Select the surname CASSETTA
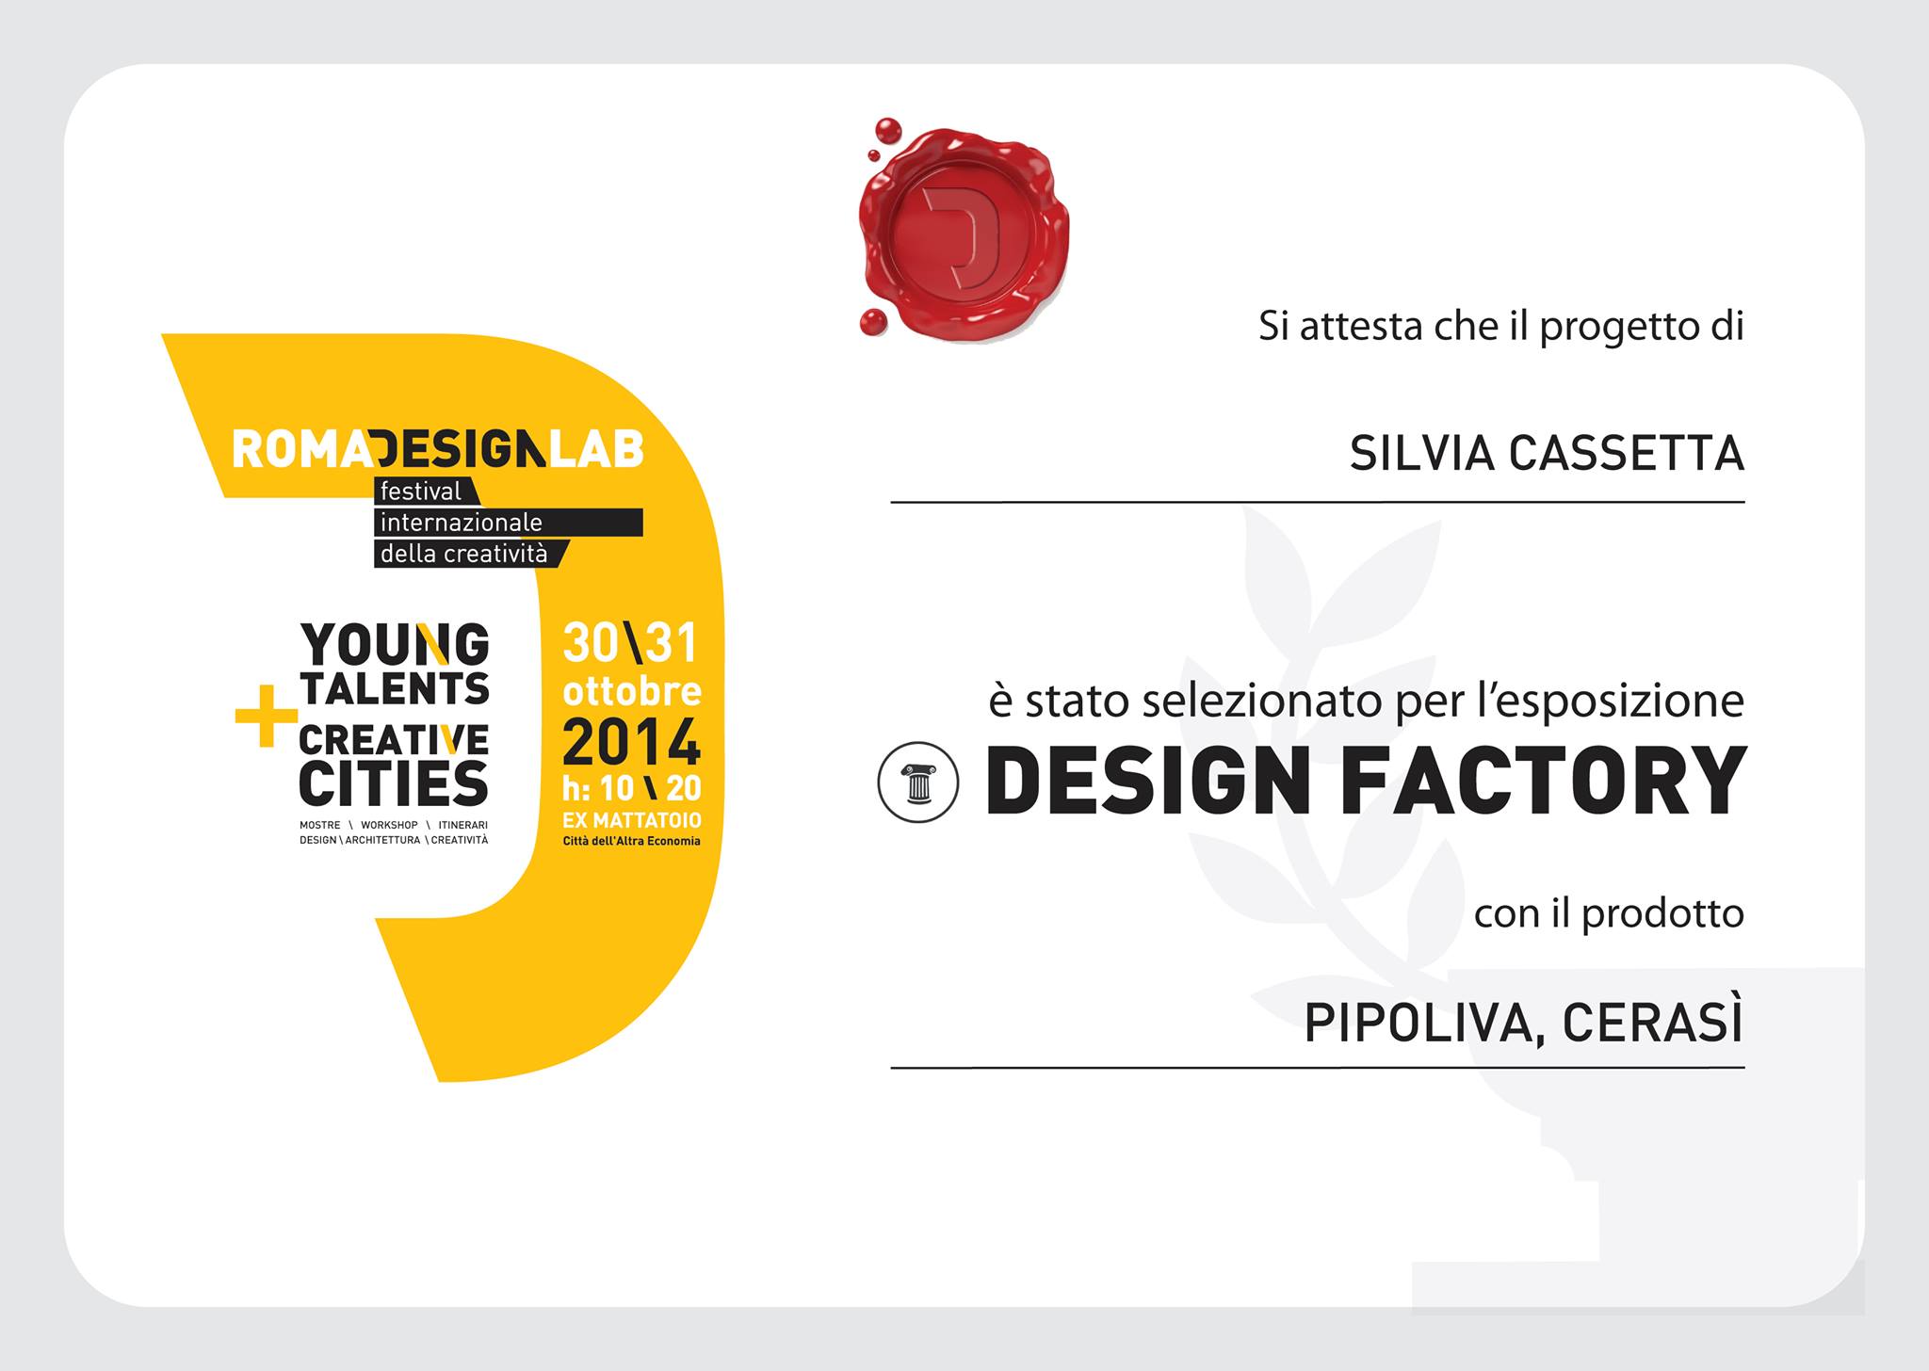coord(1628,454)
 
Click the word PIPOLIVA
coord(1424,1024)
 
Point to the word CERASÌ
coord(1653,1023)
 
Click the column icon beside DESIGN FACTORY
coord(918,782)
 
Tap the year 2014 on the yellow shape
coord(632,743)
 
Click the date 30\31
coord(630,643)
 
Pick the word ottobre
coord(632,691)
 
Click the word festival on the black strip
coord(421,492)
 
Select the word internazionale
coord(461,523)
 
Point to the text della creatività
coord(463,554)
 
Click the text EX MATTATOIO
coord(631,821)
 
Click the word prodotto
coord(1663,914)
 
